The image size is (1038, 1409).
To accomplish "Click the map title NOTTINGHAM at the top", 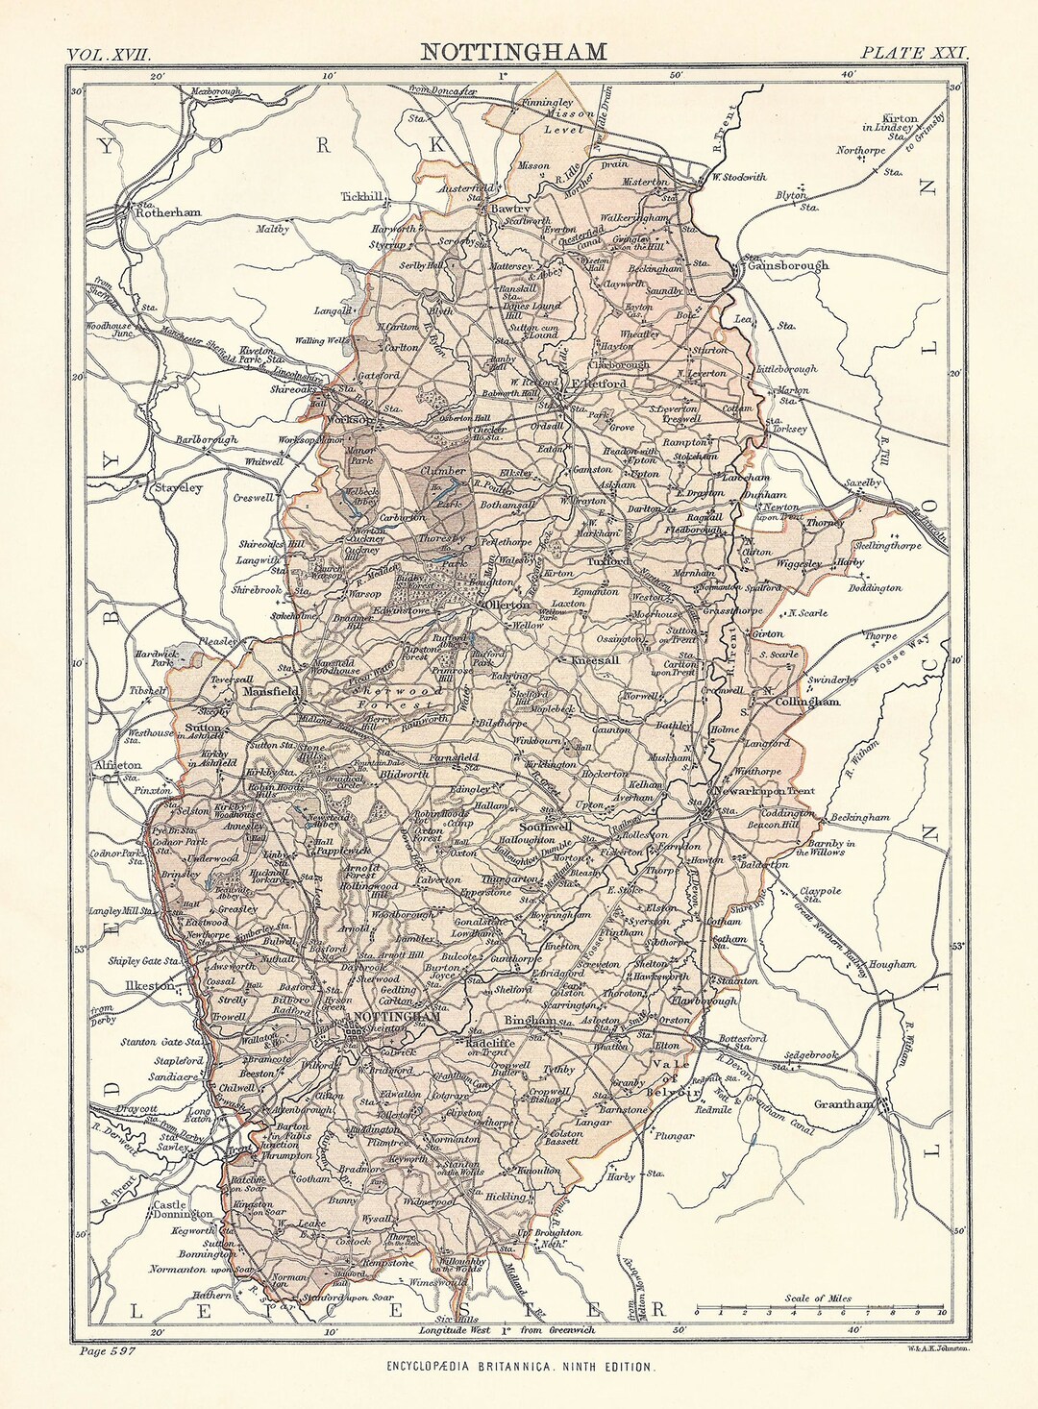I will tap(513, 51).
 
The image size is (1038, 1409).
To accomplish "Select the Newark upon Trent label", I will tap(769, 791).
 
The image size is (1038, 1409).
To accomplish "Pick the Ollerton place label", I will tap(507, 606).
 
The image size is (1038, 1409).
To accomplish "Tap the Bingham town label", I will tap(529, 1020).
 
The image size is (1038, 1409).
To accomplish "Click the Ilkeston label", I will tap(149, 985).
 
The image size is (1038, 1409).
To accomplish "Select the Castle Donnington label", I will tap(184, 1209).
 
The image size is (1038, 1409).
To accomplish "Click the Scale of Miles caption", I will tap(818, 1298).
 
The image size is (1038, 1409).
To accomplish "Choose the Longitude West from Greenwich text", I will tap(507, 1330).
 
